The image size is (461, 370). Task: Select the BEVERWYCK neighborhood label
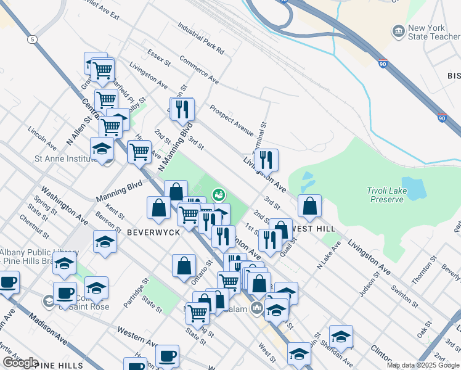[153, 232]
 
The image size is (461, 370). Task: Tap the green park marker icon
[218, 195]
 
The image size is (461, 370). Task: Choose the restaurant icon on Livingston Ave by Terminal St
[266, 160]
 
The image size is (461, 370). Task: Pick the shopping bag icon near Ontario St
[184, 266]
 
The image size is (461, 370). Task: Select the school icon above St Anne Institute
[102, 149]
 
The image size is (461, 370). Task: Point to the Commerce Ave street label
[199, 70]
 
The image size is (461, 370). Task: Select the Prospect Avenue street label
[231, 120]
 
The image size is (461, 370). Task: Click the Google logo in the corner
[20, 363]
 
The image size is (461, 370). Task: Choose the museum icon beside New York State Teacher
[398, 30]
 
